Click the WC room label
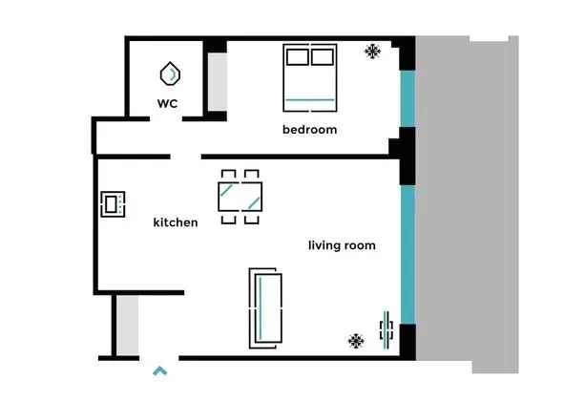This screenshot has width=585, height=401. [x=168, y=103]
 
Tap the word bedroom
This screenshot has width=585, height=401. [x=309, y=129]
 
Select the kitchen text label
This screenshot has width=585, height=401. [x=176, y=222]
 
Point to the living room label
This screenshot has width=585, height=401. [x=341, y=245]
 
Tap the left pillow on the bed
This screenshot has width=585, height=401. [x=297, y=57]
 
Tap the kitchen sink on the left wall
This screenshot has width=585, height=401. [x=113, y=203]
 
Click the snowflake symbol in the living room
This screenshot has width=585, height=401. [x=356, y=340]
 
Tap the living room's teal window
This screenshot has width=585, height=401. [x=407, y=254]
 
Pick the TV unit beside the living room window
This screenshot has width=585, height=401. [x=387, y=330]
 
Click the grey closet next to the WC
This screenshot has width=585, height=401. [x=217, y=80]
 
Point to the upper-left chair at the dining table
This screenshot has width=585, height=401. [x=228, y=174]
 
